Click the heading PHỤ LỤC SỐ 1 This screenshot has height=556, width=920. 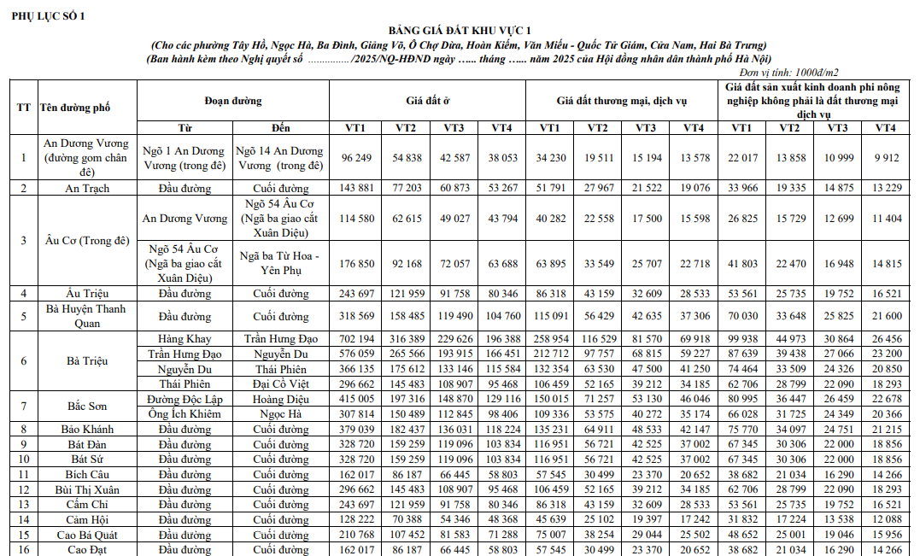(x=48, y=16)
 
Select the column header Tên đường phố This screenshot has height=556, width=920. (x=75, y=108)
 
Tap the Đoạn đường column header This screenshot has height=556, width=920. (x=233, y=101)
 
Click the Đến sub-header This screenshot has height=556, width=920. (x=281, y=128)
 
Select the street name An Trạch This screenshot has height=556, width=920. (x=87, y=188)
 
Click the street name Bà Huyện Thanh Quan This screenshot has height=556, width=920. (x=86, y=316)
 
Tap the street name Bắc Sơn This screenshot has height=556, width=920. (x=87, y=406)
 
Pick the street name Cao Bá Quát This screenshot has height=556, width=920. (x=87, y=535)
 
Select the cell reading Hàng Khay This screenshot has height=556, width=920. (x=185, y=339)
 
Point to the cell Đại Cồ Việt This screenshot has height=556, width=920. (x=281, y=384)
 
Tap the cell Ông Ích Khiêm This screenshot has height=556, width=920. (x=185, y=414)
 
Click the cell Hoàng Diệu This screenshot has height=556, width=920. (x=281, y=399)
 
